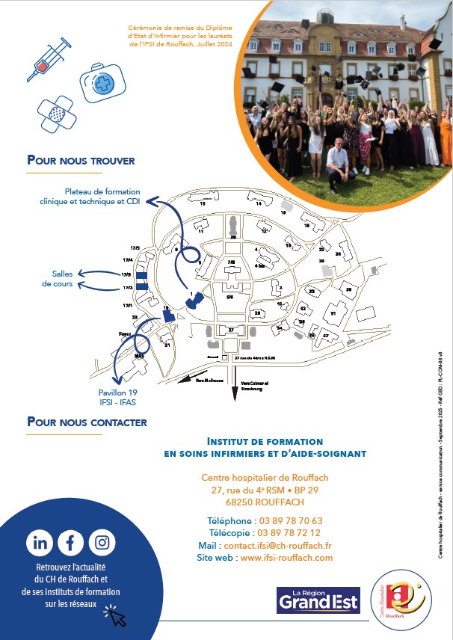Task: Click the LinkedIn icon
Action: click(x=40, y=543)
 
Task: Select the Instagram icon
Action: click(x=102, y=543)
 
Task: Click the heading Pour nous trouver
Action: click(x=81, y=160)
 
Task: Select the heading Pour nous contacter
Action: click(x=87, y=422)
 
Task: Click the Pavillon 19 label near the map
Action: click(x=117, y=393)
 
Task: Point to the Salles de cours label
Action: click(x=58, y=279)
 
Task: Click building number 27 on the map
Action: click(x=231, y=330)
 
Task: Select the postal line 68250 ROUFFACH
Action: click(x=265, y=502)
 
